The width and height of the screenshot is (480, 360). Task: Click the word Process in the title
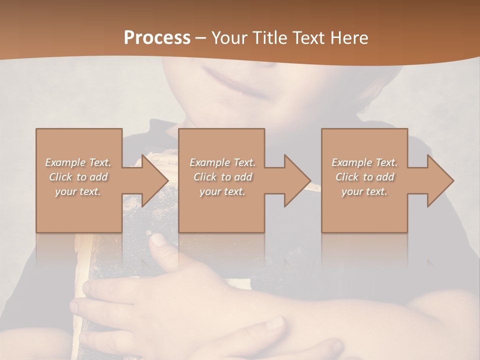coord(157,38)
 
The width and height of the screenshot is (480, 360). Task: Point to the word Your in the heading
coord(230,38)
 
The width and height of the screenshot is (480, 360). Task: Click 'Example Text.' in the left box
coord(78,162)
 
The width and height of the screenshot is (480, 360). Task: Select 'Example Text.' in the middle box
coord(222,162)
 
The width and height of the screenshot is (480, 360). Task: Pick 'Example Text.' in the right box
coord(364,162)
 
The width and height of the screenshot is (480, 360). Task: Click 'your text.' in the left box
coord(78,191)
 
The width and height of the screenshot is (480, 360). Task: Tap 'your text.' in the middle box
coord(222,191)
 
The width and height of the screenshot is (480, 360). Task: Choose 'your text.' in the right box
coord(364,191)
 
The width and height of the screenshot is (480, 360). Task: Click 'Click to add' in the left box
coord(78,177)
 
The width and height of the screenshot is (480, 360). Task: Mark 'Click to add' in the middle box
coord(222,177)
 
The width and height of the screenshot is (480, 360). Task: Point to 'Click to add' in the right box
coord(364,177)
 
